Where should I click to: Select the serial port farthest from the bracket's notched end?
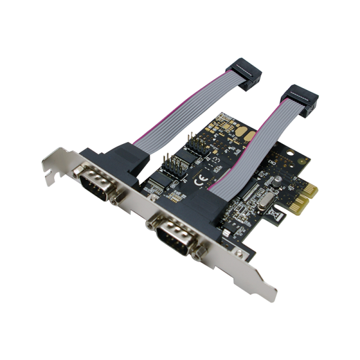tap(173, 235)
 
